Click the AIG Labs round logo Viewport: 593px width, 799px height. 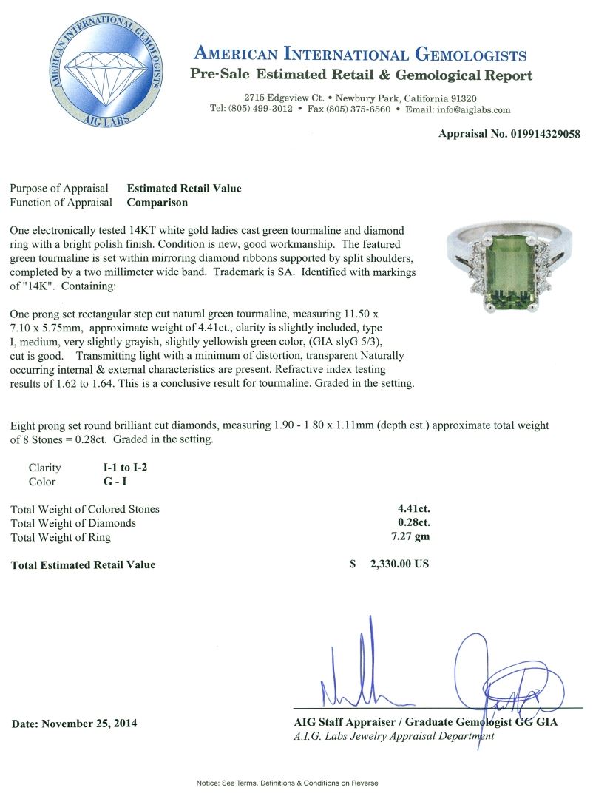(x=104, y=74)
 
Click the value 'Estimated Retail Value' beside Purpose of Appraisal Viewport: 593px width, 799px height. (x=184, y=189)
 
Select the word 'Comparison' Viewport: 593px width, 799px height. (x=157, y=202)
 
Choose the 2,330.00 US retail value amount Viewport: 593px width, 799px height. (x=399, y=564)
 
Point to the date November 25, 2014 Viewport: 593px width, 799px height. (x=74, y=723)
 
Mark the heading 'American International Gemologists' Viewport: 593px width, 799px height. (x=360, y=55)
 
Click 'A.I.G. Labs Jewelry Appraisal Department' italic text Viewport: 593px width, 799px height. (x=393, y=737)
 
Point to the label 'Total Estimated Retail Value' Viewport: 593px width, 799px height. (x=84, y=564)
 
